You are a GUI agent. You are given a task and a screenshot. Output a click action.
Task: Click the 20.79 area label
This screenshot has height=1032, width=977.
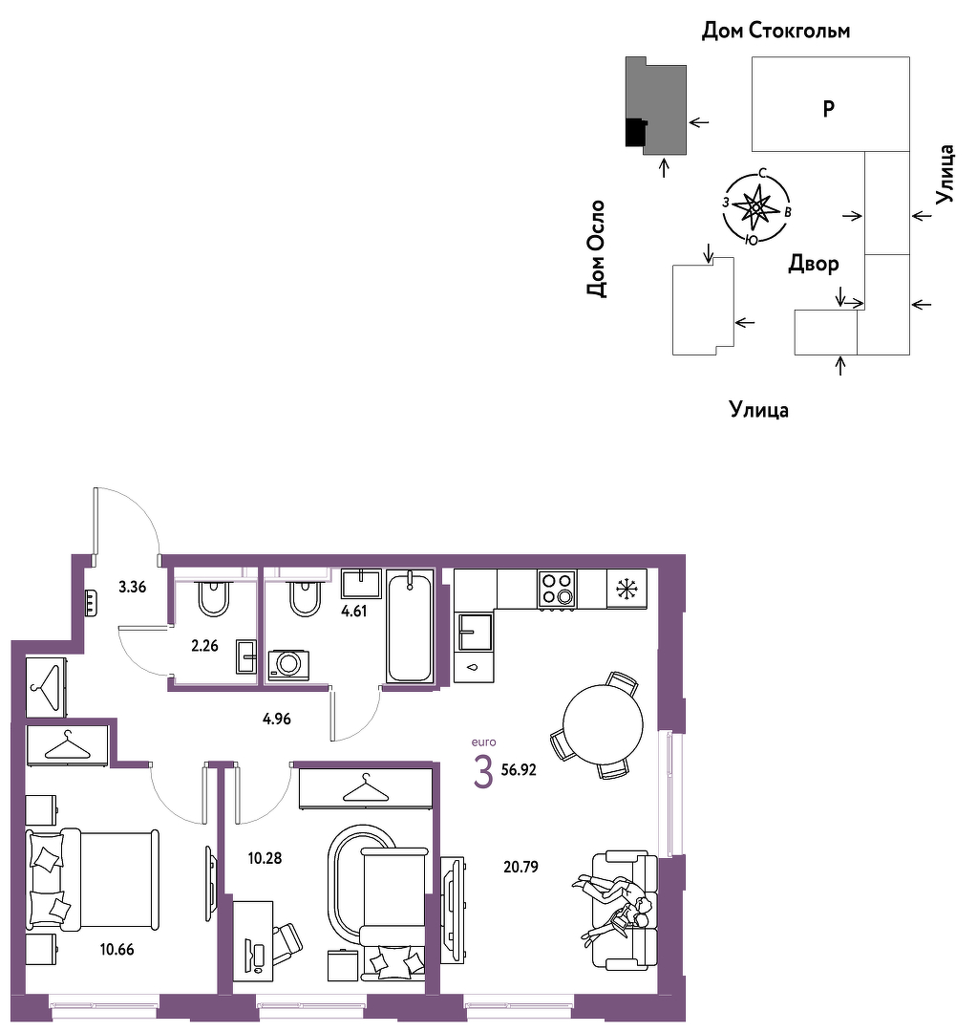tap(520, 867)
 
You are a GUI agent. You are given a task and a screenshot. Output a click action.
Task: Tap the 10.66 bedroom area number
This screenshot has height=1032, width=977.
tap(117, 949)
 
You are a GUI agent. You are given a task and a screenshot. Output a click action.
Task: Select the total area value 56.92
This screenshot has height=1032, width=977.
tap(519, 769)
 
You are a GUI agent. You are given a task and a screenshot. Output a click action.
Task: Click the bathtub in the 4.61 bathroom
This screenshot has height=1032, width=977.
tap(410, 627)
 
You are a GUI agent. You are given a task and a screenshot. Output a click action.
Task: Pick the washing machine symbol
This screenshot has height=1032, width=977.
tap(288, 665)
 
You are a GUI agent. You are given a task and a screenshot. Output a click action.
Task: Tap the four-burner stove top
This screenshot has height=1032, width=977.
tap(557, 589)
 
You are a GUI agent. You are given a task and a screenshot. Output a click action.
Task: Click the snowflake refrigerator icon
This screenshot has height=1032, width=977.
tap(627, 589)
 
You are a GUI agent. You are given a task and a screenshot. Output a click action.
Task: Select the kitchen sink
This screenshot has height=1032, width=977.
tap(474, 632)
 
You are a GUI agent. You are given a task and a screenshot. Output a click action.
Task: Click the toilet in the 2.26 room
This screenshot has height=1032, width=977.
tap(213, 598)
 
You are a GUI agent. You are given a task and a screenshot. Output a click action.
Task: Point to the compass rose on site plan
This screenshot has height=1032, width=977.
tap(756, 207)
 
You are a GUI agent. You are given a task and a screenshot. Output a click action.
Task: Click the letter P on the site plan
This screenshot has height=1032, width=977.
tap(829, 108)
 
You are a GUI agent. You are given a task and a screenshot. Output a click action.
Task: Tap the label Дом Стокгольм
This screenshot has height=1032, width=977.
tap(775, 31)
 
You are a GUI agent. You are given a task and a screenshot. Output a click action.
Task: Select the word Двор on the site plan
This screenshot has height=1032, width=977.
tap(813, 264)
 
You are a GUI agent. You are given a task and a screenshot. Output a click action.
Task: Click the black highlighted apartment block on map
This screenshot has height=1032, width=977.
tap(635, 132)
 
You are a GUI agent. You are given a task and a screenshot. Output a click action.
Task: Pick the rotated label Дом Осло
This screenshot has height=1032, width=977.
tap(596, 248)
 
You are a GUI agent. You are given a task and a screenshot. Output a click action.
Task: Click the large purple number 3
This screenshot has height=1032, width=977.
tap(483, 773)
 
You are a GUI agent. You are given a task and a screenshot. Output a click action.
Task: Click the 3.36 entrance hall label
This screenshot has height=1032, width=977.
tap(132, 587)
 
